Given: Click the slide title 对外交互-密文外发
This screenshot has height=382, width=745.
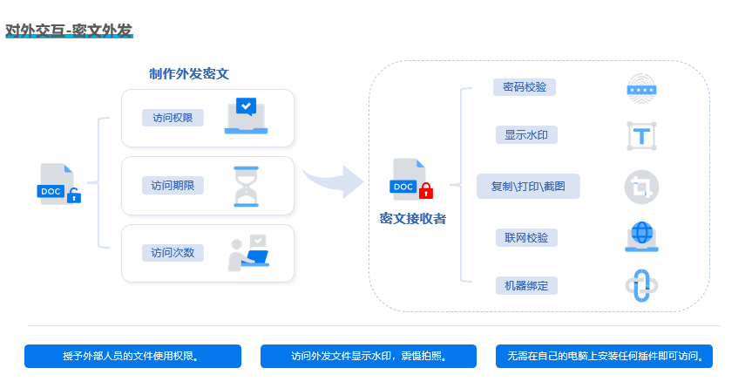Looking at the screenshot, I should (69, 30).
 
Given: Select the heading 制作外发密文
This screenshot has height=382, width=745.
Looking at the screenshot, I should (189, 74).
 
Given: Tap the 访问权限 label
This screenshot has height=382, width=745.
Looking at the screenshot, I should (173, 118).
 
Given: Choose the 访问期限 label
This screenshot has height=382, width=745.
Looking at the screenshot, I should (173, 185).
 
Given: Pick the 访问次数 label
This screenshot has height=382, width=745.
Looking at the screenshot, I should (173, 253).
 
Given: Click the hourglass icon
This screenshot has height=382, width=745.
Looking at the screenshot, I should (246, 186).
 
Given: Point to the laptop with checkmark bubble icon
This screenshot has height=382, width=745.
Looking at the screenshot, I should (246, 117).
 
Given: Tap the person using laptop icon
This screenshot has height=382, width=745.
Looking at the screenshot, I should (247, 253).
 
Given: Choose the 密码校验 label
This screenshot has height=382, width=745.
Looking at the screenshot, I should (525, 87).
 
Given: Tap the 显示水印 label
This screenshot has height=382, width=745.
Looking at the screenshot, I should (525, 135).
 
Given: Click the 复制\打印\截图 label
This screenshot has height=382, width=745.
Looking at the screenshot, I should (528, 186).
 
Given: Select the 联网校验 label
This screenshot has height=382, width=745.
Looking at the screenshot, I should (525, 238).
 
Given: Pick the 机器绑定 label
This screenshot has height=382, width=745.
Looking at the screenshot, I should (525, 285).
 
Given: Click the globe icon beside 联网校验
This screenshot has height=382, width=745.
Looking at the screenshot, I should (641, 235).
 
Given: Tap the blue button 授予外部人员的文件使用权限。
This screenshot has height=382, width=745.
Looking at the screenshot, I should (132, 356).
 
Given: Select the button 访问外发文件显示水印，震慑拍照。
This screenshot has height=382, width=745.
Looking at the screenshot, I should (369, 356).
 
